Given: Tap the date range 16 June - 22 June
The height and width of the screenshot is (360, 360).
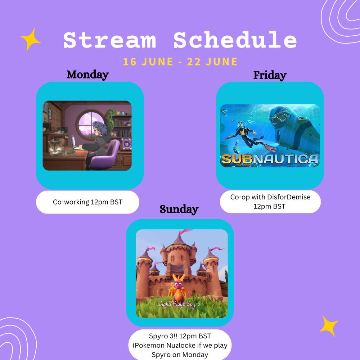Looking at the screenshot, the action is point(180,62).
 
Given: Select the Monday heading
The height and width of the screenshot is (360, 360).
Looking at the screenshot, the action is point(87,75).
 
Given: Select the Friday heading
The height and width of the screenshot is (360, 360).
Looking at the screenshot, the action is point(270,75).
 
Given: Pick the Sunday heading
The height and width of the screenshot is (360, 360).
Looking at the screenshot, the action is point(179,209).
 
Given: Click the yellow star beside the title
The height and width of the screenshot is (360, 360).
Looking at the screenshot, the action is point(31,40).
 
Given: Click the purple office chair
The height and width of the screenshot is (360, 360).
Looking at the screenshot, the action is point(105,154).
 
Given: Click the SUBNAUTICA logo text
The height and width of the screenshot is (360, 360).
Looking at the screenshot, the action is point(270,159).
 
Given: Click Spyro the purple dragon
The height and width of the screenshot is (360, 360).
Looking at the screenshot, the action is point(179,288).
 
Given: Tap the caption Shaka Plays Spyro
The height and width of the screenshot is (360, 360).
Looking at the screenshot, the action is point(179,304).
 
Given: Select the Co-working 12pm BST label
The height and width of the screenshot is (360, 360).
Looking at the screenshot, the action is point(87,202).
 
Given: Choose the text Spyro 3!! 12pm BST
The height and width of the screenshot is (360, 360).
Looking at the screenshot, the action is point(180,336).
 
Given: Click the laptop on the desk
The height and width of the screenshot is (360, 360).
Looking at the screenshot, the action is point(75,143).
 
